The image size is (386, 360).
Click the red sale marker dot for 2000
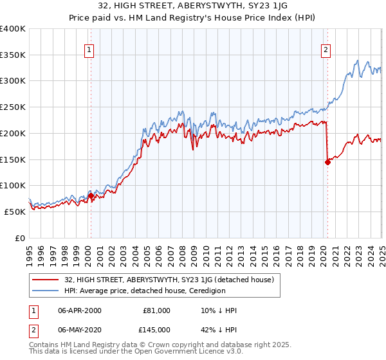tap(91, 195)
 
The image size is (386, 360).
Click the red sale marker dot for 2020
tap(327, 162)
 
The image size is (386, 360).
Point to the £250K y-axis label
tap(13, 107)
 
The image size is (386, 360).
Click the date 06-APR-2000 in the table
tap(80, 310)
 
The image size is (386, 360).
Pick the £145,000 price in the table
tap(156, 330)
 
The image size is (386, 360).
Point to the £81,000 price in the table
tap(156, 310)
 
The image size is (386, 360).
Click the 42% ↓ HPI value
tap(219, 330)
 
